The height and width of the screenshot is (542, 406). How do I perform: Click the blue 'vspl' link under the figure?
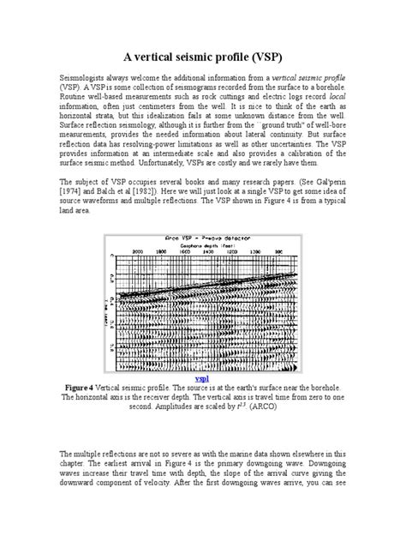202,376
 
